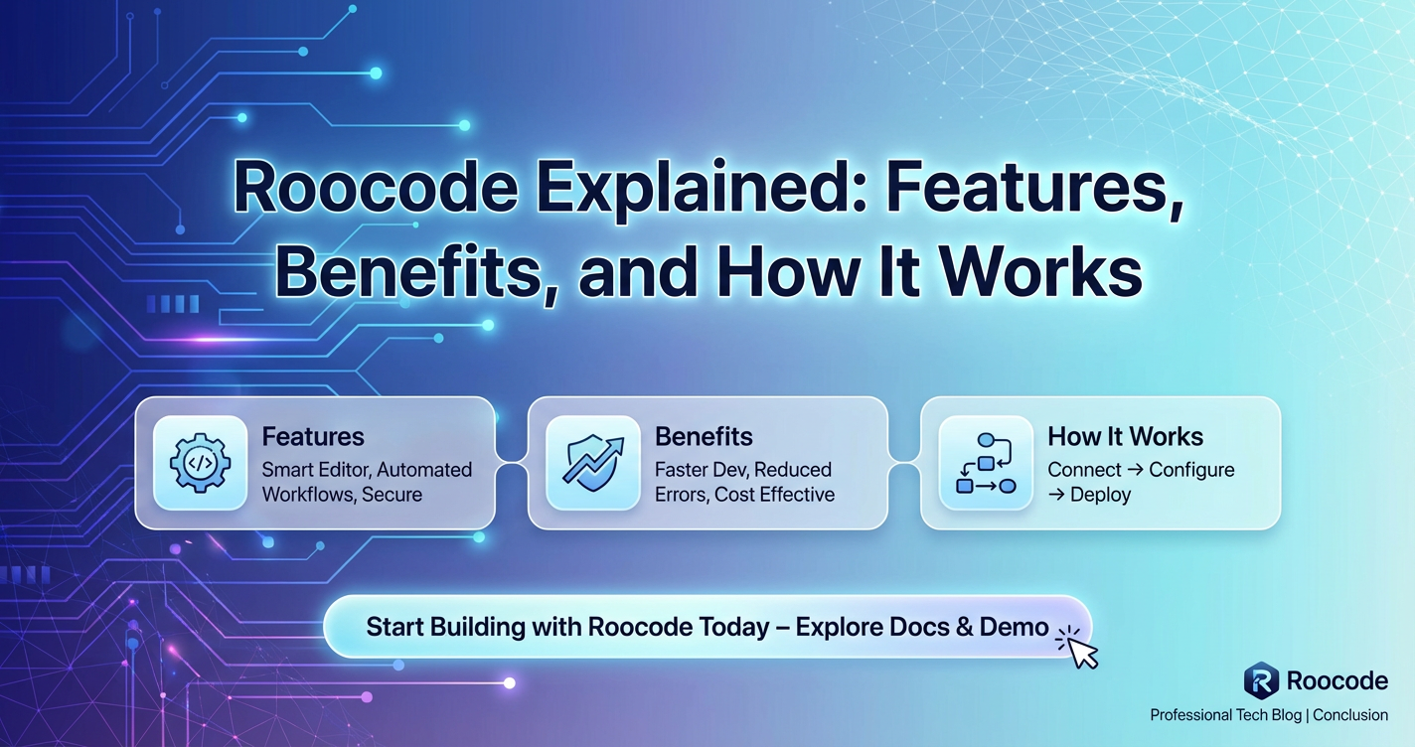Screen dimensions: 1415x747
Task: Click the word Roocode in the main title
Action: pos(377,188)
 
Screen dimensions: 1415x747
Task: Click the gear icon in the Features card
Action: pos(200,463)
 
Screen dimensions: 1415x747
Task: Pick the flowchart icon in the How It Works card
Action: pos(986,463)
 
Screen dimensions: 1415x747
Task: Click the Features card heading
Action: pos(313,436)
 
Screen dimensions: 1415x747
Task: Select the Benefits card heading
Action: pos(704,436)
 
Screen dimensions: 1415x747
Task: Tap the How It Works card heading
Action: pos(1125,436)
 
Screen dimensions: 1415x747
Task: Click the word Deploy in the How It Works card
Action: pos(1100,495)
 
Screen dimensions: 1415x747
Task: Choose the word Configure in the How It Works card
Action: pos(1191,470)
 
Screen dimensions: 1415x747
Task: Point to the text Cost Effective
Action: pos(774,495)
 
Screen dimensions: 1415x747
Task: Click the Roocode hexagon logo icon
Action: pos(1261,680)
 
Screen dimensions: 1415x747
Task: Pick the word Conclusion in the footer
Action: pos(1350,715)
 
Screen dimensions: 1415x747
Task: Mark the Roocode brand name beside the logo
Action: pos(1337,680)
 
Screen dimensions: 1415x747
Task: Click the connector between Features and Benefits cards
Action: pos(511,463)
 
